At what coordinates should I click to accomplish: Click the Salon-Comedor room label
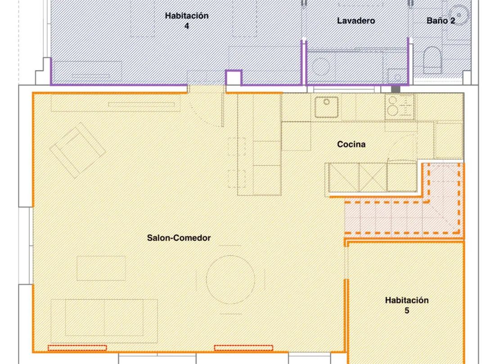(179, 238)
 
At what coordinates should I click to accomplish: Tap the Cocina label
(351, 144)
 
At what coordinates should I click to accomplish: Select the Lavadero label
(356, 21)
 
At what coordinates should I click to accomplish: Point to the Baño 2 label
(441, 21)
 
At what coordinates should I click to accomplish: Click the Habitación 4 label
(187, 21)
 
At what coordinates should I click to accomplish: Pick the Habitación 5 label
(407, 305)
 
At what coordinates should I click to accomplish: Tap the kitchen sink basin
(326, 107)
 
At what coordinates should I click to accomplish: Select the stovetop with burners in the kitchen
(400, 106)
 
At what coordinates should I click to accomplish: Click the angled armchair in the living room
(77, 150)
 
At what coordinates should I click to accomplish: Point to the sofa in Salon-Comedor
(104, 321)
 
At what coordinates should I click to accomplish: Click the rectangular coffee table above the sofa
(101, 268)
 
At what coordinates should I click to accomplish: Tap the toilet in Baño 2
(432, 60)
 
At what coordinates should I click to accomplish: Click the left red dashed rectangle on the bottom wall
(77, 348)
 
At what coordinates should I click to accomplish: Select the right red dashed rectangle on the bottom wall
(243, 348)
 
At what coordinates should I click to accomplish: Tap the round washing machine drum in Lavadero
(321, 66)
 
